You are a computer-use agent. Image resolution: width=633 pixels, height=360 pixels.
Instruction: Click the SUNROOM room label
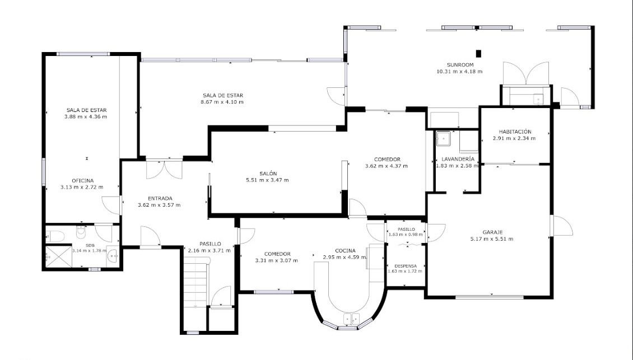tap(460, 64)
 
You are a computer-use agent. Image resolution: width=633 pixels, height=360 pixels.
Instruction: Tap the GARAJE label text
tap(492, 232)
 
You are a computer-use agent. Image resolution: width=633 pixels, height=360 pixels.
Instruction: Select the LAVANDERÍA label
tap(458, 159)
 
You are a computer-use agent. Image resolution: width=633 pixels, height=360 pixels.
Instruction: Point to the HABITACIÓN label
tap(515, 132)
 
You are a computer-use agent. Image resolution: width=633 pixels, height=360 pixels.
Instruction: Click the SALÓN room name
tap(268, 174)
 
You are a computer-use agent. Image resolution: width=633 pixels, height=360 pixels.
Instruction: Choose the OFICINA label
tap(82, 180)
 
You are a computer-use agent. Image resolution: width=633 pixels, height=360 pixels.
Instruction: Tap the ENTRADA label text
tap(160, 198)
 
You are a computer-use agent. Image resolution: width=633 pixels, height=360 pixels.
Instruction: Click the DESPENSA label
tap(406, 266)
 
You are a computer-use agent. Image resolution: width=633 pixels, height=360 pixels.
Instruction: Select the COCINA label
tap(345, 251)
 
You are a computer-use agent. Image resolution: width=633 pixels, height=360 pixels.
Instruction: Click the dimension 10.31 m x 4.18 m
tap(459, 72)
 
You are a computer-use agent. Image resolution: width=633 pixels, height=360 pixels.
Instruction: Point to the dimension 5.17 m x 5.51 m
tap(492, 239)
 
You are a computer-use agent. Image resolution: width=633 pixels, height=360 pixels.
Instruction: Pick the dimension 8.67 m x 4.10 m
tap(222, 102)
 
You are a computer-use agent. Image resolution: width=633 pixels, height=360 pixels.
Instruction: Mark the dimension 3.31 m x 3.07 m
tap(277, 260)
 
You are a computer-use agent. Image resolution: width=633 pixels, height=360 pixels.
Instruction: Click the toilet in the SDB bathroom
tap(54, 235)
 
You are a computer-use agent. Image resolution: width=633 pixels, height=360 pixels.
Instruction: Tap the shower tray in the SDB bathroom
tap(58, 256)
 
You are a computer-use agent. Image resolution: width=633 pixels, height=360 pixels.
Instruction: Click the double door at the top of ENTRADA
tap(164, 170)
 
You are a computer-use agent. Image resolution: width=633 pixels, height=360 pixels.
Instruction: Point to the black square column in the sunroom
tap(478, 53)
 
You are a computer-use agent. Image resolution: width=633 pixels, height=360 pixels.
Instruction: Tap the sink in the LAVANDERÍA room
tap(443, 138)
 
